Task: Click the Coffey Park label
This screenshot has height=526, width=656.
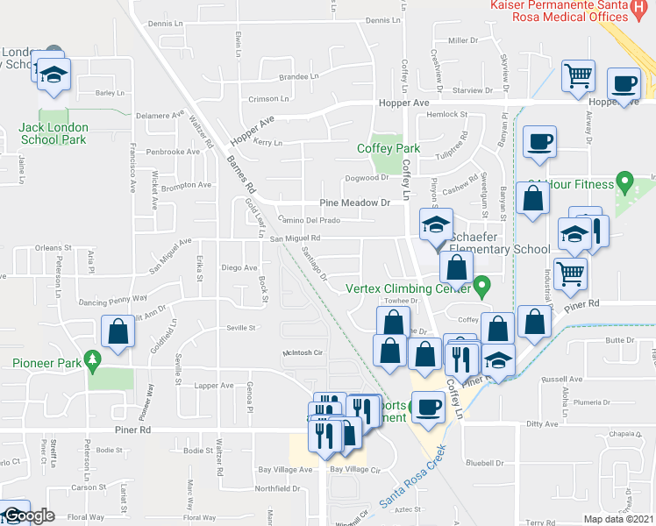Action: pos(389,148)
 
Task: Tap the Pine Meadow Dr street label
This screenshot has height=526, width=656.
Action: pos(355,203)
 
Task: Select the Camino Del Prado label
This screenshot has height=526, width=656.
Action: pos(303,219)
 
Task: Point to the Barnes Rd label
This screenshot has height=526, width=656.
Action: pos(239,174)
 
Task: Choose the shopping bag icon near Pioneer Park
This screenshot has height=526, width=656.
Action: pos(118,332)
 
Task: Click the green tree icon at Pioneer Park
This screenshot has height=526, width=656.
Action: pos(91,361)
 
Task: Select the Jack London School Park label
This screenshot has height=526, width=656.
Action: pos(53,133)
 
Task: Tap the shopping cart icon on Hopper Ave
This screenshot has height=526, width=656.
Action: pos(578,77)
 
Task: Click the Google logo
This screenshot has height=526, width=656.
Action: pos(29,515)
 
